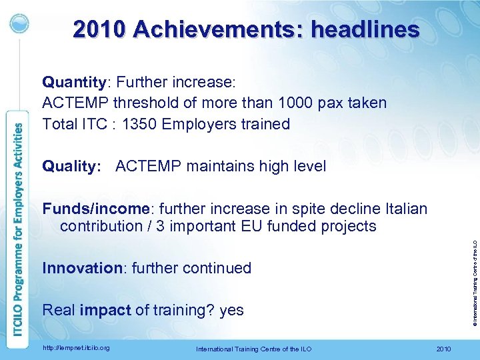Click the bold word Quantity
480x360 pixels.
[73, 82]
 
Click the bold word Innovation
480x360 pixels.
[79, 268]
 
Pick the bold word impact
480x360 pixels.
[105, 310]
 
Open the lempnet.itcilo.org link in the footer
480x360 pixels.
[75, 347]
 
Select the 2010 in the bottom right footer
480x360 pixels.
[442, 349]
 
